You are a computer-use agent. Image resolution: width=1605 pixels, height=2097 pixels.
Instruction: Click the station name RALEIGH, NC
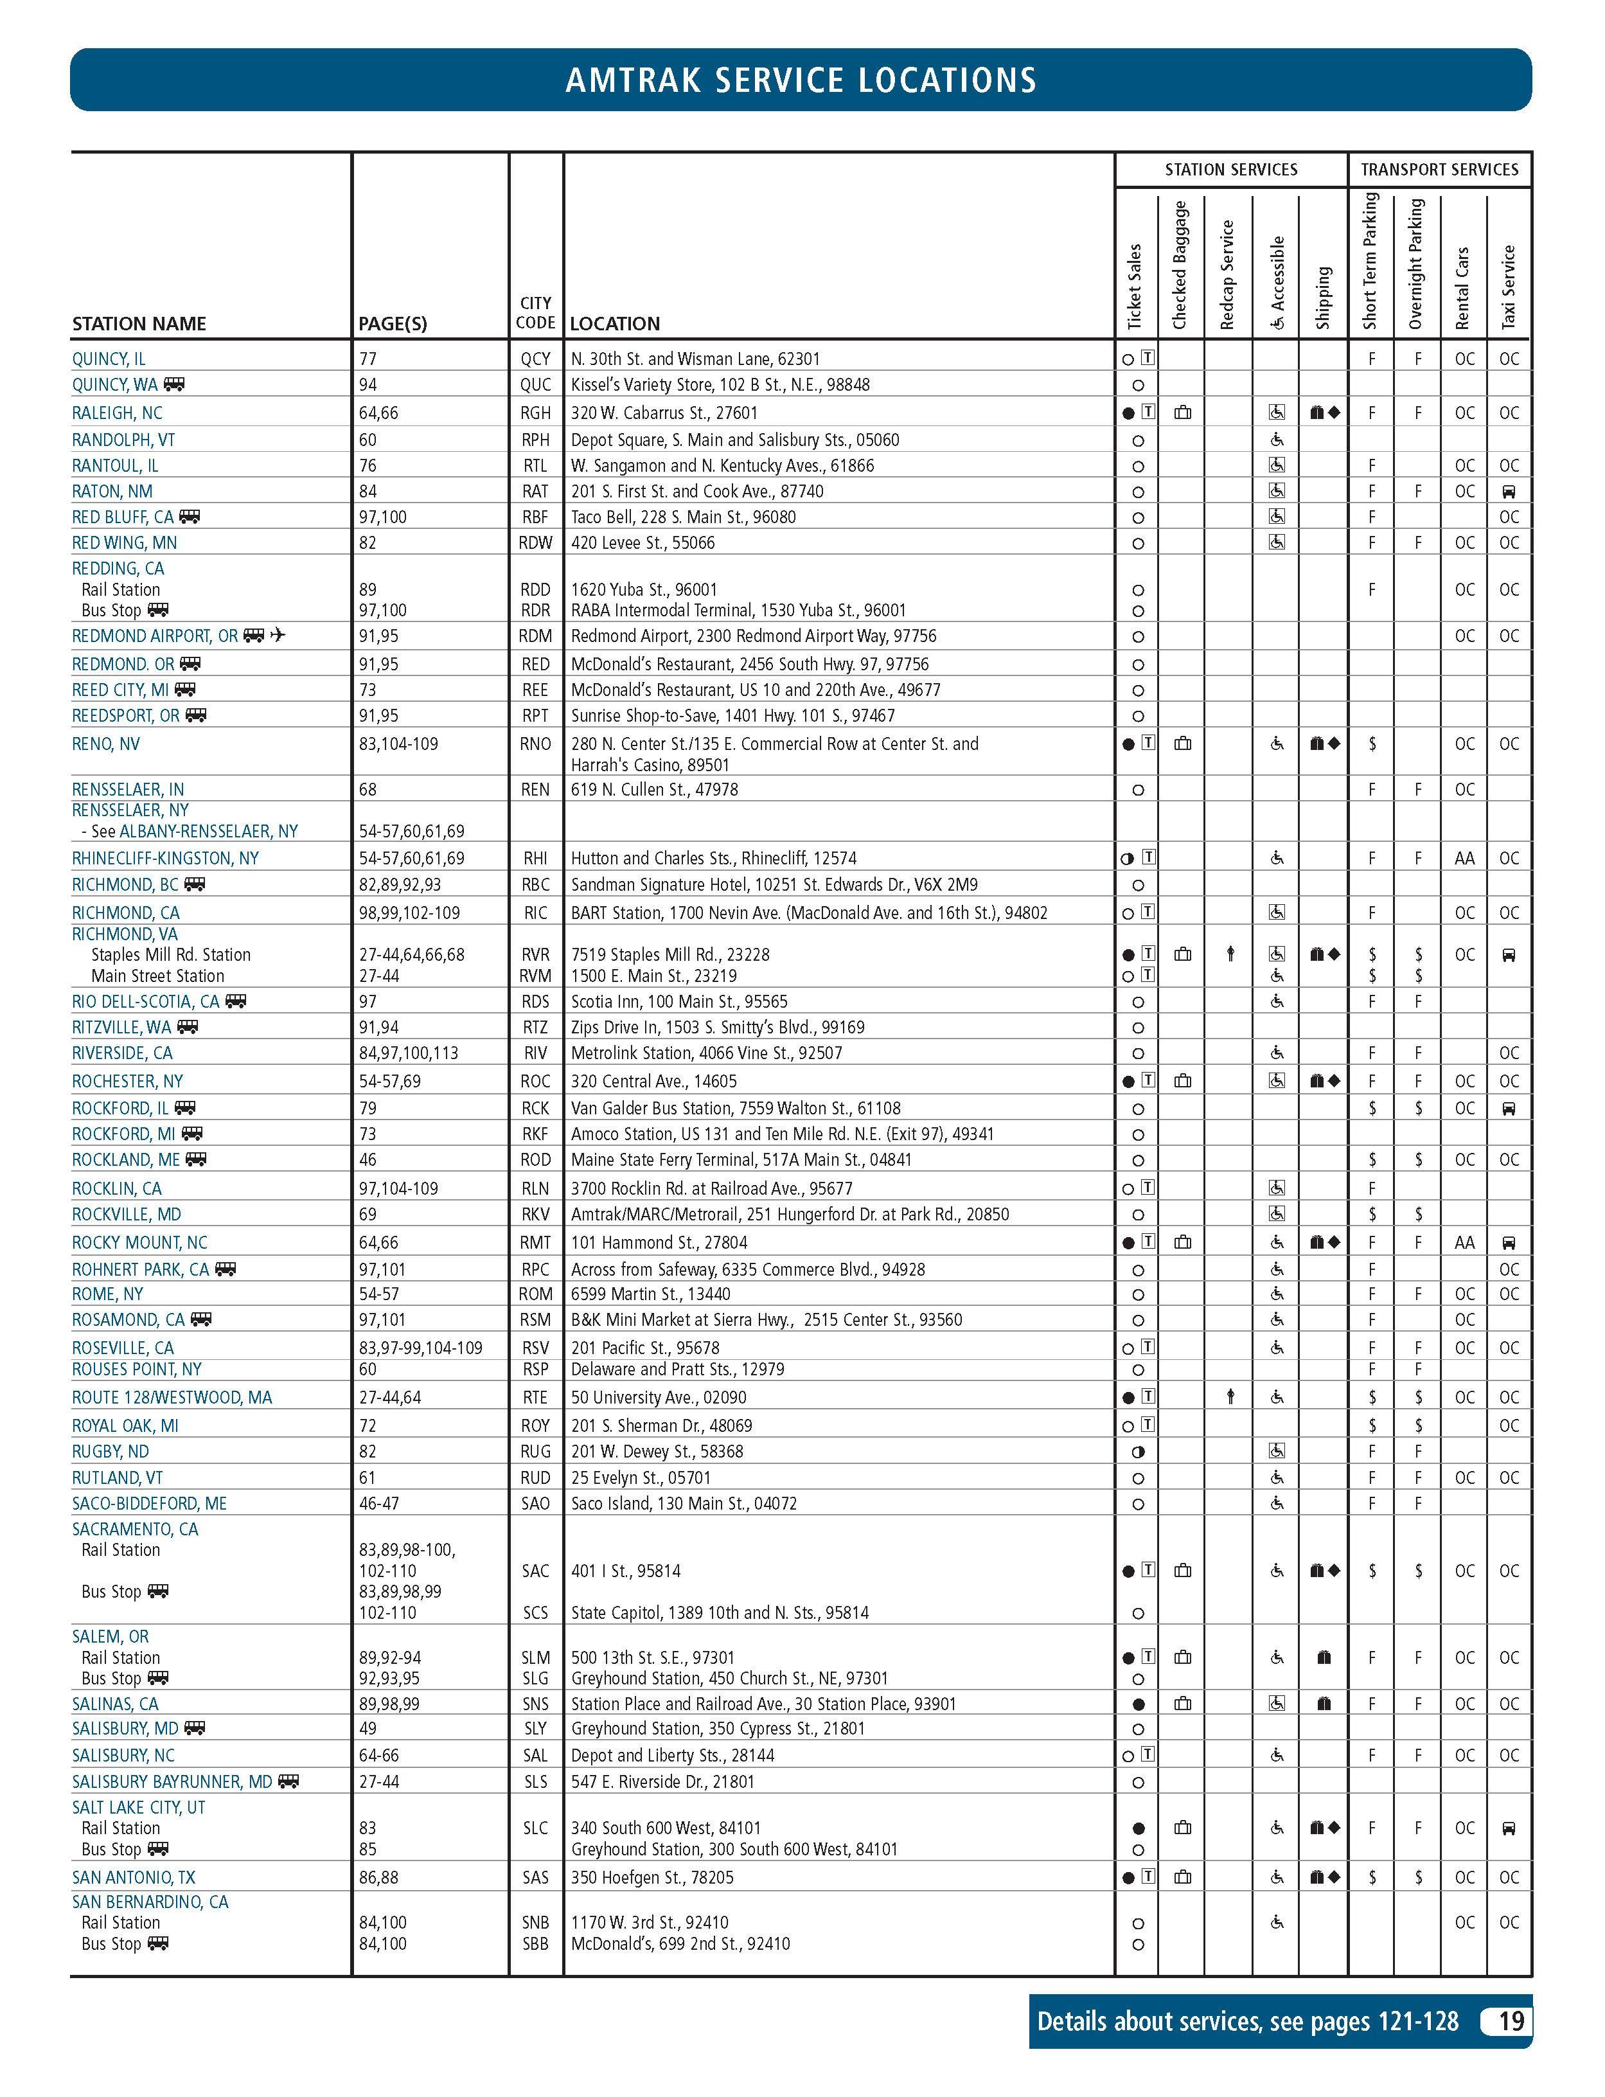(x=116, y=413)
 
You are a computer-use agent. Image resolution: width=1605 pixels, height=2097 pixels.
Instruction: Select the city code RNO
(x=535, y=744)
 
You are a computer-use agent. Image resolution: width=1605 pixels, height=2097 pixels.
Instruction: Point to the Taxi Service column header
(x=1509, y=287)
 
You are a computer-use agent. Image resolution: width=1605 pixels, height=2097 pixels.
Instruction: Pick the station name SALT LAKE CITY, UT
(x=139, y=1807)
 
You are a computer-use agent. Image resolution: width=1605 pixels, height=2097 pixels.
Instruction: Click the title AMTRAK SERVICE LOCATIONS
(x=801, y=80)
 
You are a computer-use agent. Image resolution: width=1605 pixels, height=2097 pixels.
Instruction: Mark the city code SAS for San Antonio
(x=535, y=1877)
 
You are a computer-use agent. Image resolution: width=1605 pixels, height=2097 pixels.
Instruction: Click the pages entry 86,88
(x=378, y=1877)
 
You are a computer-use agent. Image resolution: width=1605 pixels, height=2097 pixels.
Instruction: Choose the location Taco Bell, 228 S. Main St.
(x=683, y=517)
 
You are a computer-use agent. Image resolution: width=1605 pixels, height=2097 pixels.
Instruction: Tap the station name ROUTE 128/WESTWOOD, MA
(x=172, y=1397)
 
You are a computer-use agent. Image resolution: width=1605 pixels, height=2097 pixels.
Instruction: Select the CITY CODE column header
(x=535, y=312)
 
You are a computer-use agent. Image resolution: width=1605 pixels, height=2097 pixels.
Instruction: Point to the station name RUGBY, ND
(x=111, y=1451)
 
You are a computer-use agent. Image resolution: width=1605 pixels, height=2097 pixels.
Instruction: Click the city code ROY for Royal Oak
(x=535, y=1425)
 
